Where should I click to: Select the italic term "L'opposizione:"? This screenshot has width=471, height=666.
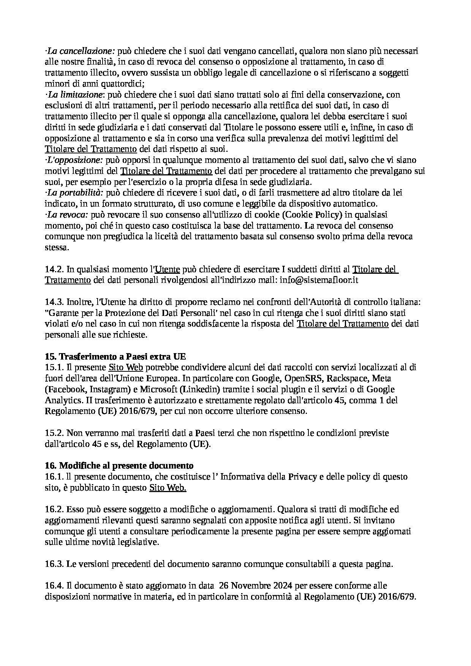pos(74,160)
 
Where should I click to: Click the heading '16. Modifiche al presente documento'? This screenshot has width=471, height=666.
pos(119,466)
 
